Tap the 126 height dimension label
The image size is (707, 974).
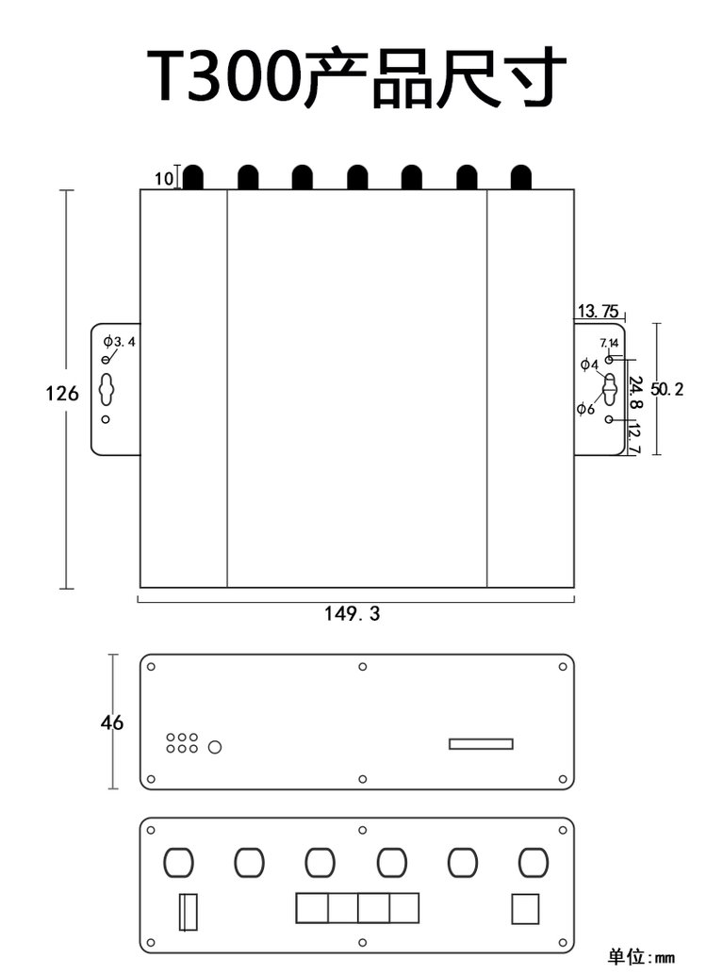[x=62, y=393]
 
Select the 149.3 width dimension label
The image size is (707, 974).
[x=352, y=614]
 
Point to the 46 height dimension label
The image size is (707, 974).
[x=112, y=722]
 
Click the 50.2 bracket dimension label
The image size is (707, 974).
[x=667, y=389]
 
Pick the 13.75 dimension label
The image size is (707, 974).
[x=599, y=311]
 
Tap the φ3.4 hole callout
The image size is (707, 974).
[x=120, y=341]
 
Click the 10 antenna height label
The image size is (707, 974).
[x=163, y=179]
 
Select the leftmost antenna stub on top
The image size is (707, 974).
[x=193, y=177]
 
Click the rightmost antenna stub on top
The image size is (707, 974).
[x=521, y=177]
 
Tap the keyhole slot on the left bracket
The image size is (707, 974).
[x=107, y=389]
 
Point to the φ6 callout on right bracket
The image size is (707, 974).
[x=585, y=409]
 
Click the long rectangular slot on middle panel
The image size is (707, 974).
[x=482, y=744]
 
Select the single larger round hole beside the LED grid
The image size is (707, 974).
[x=215, y=747]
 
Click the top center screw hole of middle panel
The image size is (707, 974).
[x=363, y=667]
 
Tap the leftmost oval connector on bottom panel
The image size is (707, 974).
[x=178, y=863]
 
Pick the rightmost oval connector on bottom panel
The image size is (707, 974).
[x=534, y=863]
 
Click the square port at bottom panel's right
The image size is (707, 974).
[x=525, y=909]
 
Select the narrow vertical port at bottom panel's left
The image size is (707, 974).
[x=189, y=912]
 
